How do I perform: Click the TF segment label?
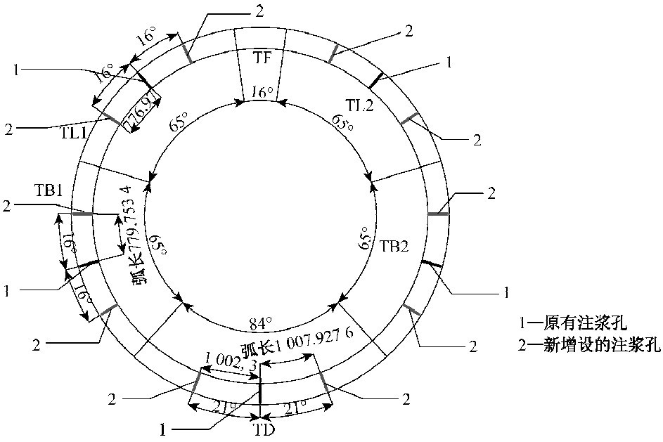pyautogui.click(x=262, y=58)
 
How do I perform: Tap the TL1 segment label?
pyautogui.click(x=72, y=134)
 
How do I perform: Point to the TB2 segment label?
pyautogui.click(x=393, y=247)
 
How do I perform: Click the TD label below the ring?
pyautogui.click(x=264, y=430)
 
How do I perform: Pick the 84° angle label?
pyautogui.click(x=259, y=325)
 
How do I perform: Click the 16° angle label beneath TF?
pyautogui.click(x=262, y=92)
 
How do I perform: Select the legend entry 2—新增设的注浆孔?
pyautogui.click(x=590, y=345)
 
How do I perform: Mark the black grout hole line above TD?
pyautogui.click(x=260, y=392)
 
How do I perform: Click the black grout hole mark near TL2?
pyautogui.click(x=377, y=81)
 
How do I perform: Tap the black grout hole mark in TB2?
pyautogui.click(x=432, y=264)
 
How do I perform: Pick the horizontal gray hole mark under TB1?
pyautogui.click(x=82, y=214)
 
